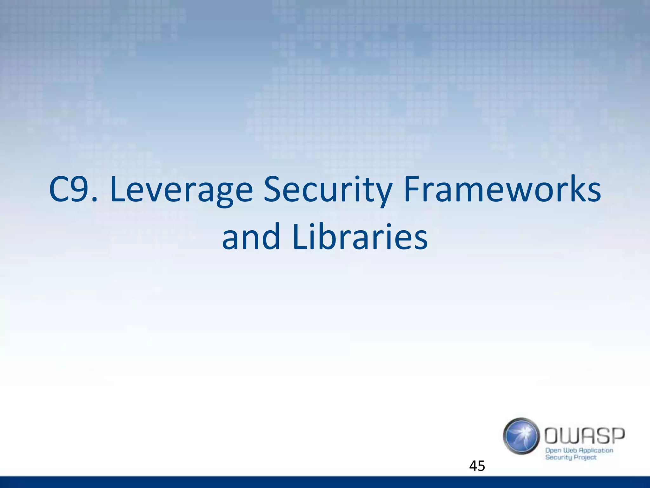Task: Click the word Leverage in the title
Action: pos(181,191)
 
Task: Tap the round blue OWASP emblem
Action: pos(521,436)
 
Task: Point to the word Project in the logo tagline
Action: pos(586,458)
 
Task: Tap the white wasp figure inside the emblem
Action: pos(522,435)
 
